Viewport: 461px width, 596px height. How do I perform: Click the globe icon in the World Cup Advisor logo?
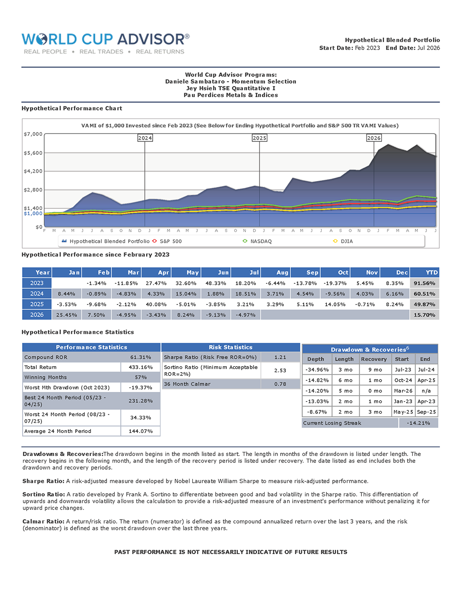click(41, 39)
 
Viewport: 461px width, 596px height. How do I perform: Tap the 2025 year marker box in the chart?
click(259, 138)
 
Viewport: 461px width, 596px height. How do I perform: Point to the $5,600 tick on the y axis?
click(33, 153)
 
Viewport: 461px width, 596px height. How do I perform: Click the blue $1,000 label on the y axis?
click(33, 213)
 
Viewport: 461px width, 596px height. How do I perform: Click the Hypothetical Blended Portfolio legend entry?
click(106, 241)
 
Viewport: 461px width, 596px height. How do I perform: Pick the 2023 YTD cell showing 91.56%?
click(425, 283)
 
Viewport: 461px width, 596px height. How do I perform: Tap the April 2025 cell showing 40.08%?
click(156, 304)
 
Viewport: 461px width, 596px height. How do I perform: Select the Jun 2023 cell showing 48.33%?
click(216, 283)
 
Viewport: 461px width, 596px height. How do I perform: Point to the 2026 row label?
click(37, 315)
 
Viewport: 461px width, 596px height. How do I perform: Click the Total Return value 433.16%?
click(141, 367)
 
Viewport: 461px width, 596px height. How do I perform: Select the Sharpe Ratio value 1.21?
click(280, 357)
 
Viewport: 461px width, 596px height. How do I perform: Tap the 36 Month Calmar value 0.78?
click(280, 384)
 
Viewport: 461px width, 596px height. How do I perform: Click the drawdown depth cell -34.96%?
click(317, 370)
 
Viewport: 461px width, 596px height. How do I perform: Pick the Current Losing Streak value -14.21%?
click(419, 423)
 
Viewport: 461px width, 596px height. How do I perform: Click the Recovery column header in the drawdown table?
click(373, 359)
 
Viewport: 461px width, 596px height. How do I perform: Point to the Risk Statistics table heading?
click(230, 347)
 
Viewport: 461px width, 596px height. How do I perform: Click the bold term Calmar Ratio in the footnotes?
click(43, 521)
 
